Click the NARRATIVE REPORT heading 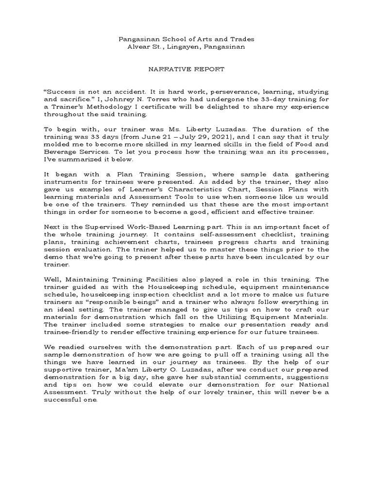(186, 69)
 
